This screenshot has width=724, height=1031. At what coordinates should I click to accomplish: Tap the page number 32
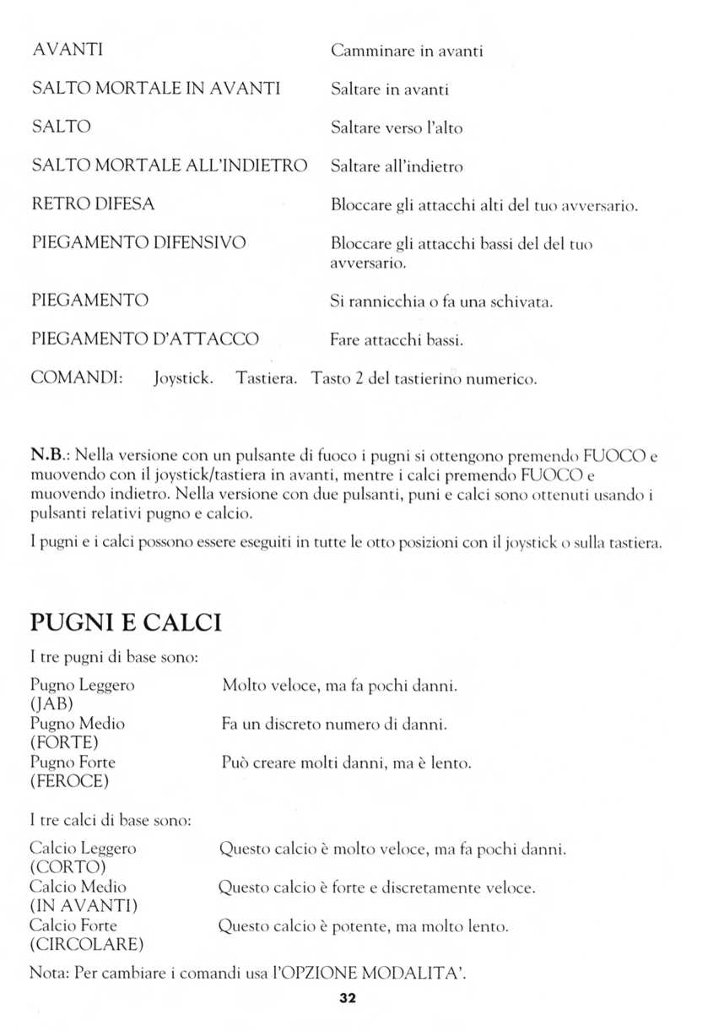[x=348, y=998]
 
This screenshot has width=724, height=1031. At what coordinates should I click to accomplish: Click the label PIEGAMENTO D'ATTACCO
[x=144, y=339]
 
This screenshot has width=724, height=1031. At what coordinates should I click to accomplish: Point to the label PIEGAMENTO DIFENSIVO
[x=138, y=243]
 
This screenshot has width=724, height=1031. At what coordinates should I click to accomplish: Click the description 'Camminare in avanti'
[x=406, y=52]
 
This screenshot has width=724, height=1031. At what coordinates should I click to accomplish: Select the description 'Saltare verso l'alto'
[x=397, y=128]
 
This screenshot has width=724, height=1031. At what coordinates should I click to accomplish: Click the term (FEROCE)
[x=70, y=782]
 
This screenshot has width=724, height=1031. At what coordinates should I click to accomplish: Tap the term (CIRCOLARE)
[x=87, y=943]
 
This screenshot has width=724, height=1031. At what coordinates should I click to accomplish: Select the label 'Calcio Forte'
[x=73, y=925]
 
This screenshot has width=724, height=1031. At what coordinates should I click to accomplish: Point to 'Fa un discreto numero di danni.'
[x=334, y=724]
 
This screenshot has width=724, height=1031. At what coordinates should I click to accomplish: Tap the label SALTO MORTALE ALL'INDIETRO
[x=169, y=166]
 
